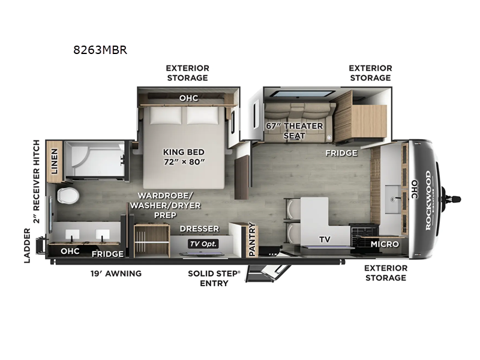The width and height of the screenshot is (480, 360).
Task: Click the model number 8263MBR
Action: coord(100,50)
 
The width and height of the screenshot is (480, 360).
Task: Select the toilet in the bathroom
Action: coord(67,195)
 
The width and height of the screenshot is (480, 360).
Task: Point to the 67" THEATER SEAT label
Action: coord(295,131)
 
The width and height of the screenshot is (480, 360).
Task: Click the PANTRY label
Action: coord(252,239)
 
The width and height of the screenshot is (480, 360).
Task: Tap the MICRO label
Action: coord(385,244)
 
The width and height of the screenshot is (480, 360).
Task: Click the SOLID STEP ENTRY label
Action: coord(214,278)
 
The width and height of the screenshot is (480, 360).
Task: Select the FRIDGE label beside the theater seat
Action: coord(341,153)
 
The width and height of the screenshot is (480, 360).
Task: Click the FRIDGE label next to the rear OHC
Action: coord(107,254)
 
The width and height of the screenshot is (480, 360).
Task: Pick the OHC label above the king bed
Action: coord(188,97)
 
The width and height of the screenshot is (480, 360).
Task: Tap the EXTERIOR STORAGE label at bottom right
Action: coord(385,272)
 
